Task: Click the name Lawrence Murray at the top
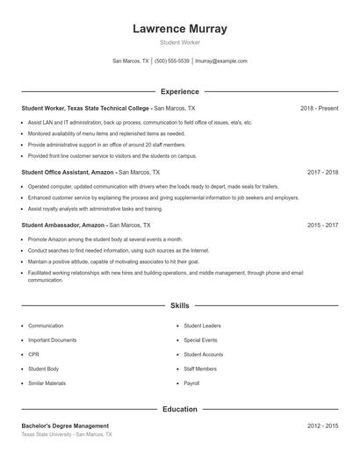pos(179,29)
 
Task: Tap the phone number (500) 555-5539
pos(172,61)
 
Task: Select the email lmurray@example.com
pos(221,61)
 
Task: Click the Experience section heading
pos(179,91)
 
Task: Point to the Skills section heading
pos(179,305)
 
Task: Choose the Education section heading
pos(179,409)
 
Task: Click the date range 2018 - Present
pos(319,108)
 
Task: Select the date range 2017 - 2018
pos(322,173)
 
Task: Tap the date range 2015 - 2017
pos(322,225)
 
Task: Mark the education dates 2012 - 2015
pos(322,426)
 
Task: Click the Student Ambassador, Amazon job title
pos(68,225)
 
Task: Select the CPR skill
pos(33,354)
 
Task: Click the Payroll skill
pos(191,384)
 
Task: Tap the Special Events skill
pos(200,340)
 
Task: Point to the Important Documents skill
pos(52,340)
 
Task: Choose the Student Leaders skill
pos(201,325)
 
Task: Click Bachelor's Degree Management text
pos(65,426)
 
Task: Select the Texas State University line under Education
pos(67,434)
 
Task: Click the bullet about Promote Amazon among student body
pos(104,239)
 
